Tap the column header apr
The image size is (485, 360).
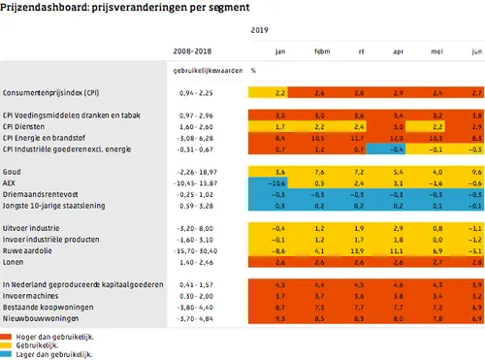click(x=396, y=51)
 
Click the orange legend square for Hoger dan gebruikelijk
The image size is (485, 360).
click(x=7, y=335)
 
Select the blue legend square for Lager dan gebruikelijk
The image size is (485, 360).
click(x=7, y=355)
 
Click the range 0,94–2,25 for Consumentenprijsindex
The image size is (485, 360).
click(x=186, y=93)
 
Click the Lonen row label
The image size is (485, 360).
click(x=15, y=263)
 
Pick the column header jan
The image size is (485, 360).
click(x=279, y=51)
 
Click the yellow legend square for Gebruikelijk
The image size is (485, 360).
click(x=7, y=345)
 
